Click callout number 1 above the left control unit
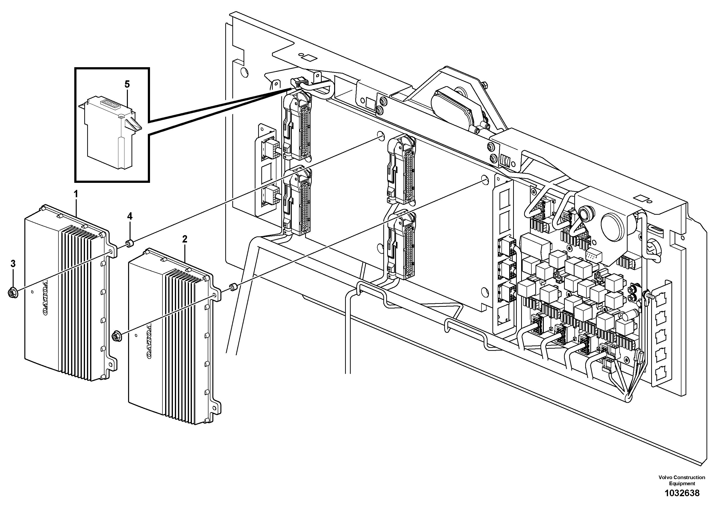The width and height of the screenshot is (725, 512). point(76,194)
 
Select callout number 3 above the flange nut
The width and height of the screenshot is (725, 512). point(13,264)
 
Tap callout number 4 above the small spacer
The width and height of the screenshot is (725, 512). point(130,216)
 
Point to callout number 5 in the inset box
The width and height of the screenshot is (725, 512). point(127,84)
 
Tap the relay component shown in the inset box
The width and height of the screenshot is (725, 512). point(109,133)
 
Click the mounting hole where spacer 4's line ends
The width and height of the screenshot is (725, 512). point(380,136)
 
